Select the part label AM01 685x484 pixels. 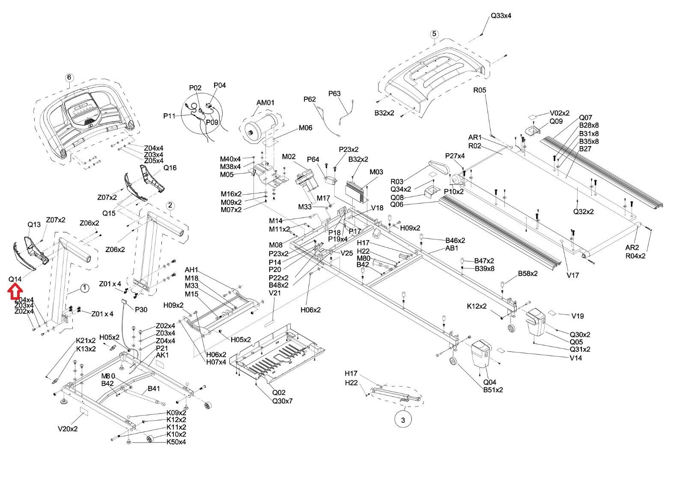265,103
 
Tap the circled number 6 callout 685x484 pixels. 69,77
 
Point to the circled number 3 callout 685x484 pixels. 403,420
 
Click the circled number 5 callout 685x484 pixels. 434,34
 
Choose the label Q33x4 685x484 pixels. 500,16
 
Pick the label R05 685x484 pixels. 479,90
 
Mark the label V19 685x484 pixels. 578,316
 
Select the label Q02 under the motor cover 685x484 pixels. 279,392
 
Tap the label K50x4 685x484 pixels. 176,442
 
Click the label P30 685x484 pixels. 141,310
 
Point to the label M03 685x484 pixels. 376,172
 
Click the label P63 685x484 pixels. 334,94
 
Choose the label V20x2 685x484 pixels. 68,428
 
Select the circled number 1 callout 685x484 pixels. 85,288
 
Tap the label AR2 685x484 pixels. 632,247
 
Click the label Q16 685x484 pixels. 170,168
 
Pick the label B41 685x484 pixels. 154,389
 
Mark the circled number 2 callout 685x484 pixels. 170,205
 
